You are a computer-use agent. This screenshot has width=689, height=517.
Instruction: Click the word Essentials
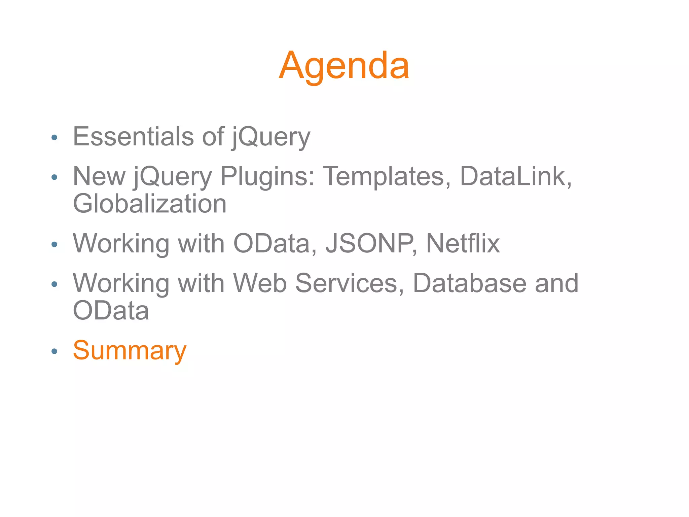(133, 137)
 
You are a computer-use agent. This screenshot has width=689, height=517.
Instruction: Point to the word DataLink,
(515, 177)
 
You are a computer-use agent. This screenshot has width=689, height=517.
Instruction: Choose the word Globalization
(150, 204)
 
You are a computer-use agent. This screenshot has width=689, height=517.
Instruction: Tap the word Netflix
(463, 243)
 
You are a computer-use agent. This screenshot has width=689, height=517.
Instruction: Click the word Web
(260, 283)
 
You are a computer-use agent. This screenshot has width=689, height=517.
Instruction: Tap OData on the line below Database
(111, 311)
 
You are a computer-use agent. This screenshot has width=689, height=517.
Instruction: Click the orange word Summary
(130, 351)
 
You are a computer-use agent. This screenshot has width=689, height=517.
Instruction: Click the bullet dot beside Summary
(54, 351)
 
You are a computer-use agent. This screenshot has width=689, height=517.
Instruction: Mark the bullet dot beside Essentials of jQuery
(54, 137)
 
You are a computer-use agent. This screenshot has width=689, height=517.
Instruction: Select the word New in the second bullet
(99, 177)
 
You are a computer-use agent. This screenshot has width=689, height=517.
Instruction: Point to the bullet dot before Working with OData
(54, 244)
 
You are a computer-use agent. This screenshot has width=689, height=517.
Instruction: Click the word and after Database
(556, 283)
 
